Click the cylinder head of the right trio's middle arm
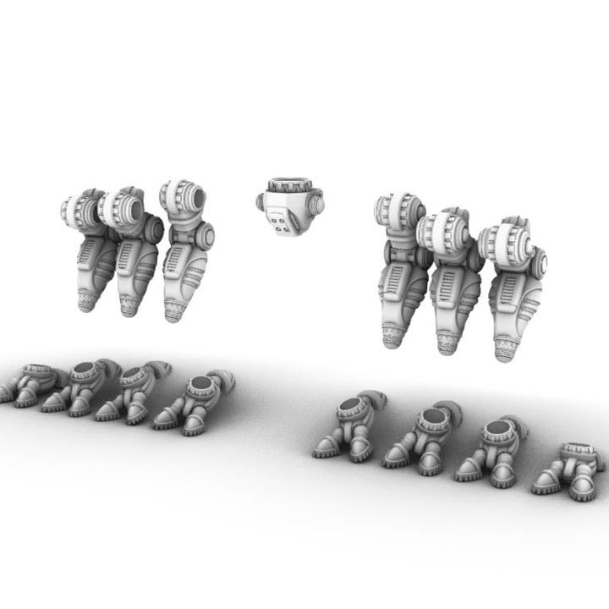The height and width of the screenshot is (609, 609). coord(444,230)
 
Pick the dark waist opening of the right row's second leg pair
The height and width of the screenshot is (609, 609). coord(431,417)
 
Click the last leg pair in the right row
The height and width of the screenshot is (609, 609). coord(571,469)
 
